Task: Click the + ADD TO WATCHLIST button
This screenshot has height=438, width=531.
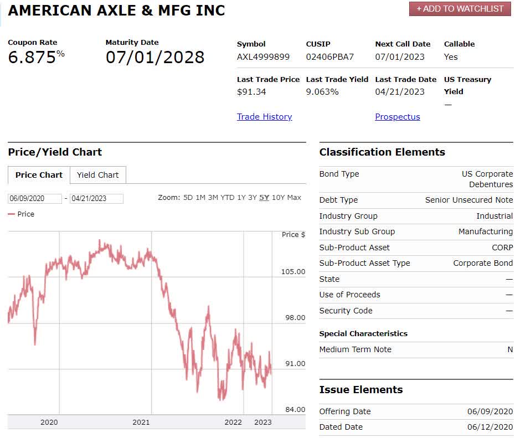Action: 460,9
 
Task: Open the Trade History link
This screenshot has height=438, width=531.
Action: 264,117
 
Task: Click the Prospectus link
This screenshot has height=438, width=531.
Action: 397,117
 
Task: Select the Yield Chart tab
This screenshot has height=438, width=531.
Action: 97,175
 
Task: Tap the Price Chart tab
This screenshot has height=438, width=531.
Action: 39,175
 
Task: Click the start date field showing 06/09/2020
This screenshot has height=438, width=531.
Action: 34,199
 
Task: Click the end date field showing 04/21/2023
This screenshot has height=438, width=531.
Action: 96,199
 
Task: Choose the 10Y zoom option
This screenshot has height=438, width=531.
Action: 279,198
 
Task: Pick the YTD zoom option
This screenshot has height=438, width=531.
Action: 228,198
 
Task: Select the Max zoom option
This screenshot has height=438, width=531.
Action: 294,198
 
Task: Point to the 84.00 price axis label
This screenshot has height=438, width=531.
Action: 295,410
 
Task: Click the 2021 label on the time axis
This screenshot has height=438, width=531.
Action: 141,422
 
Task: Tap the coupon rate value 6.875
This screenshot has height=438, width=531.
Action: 32,57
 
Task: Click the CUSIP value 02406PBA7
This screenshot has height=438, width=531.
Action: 329,57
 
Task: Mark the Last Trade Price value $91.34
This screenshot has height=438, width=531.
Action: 251,92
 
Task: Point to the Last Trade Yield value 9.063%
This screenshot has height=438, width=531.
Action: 322,92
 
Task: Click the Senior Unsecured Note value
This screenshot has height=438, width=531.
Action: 469,200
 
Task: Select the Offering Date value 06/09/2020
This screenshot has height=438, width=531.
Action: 490,411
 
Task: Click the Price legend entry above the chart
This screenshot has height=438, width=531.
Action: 22,214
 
